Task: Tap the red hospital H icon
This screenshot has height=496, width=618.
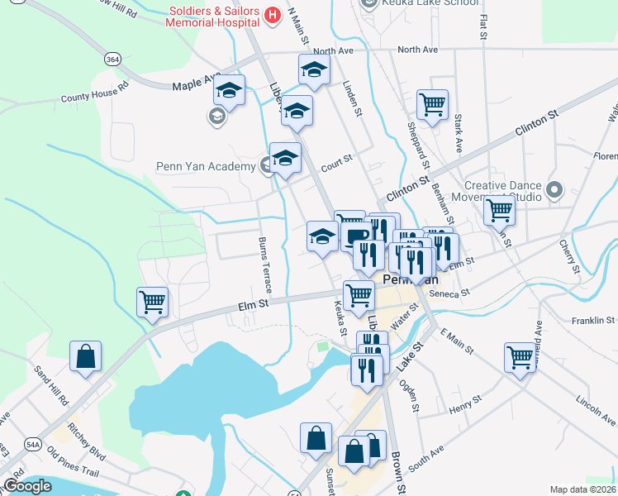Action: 271,14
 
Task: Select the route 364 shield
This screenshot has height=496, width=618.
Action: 113,59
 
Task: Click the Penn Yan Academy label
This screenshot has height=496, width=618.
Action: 206,167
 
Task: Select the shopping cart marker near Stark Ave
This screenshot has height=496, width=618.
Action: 432,105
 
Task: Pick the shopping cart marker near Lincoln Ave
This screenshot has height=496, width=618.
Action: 520,358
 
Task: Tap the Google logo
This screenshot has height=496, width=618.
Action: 26,485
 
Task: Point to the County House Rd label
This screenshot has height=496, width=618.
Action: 95,92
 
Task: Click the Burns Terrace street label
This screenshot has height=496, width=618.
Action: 264,265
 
